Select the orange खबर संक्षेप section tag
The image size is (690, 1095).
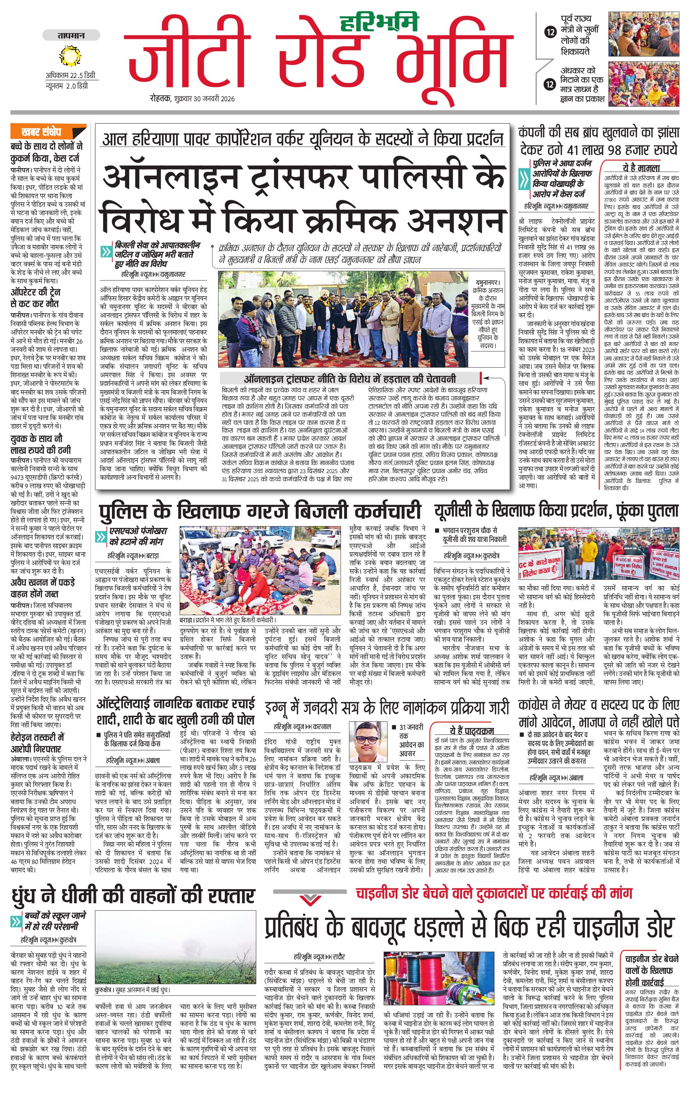41,132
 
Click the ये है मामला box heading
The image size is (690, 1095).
641,167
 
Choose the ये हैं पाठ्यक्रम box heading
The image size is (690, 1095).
472,731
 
